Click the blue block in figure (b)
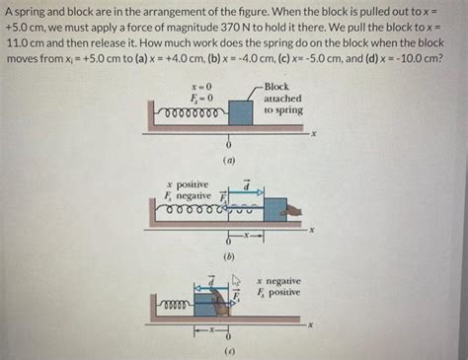pyautogui.click(x=275, y=208)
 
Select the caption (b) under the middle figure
pyautogui.click(x=229, y=254)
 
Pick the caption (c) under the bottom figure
pyautogui.click(x=229, y=350)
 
